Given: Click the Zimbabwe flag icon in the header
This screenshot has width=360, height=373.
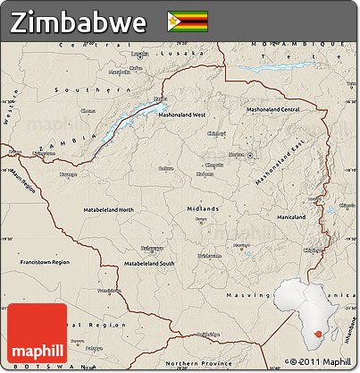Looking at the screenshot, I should [x=188, y=20].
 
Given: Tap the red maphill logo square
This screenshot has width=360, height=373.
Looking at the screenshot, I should [x=37, y=334].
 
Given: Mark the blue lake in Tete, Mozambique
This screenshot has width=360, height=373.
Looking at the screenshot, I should [x=279, y=66].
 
